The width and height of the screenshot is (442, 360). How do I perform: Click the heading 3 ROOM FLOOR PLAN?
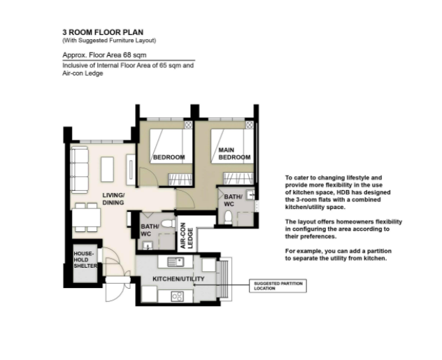[103, 32]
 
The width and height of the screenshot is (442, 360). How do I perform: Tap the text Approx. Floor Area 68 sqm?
[104, 55]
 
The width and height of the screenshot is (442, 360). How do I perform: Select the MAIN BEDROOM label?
[234, 154]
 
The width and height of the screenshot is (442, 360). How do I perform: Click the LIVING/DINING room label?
[113, 199]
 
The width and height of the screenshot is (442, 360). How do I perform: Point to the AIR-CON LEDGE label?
[186, 236]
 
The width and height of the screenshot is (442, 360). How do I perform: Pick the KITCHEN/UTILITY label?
[178, 279]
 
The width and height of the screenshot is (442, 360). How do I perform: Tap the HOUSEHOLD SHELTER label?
[85, 260]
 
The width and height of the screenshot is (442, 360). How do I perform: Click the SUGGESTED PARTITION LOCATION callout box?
[278, 286]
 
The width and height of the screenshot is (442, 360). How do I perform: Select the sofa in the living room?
[79, 170]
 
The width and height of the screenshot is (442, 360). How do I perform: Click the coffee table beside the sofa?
[107, 169]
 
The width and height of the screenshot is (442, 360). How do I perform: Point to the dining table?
[86, 217]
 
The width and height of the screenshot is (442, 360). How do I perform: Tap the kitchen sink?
[176, 261]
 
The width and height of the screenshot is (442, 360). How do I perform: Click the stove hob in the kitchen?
[178, 296]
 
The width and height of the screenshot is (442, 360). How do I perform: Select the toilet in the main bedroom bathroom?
[228, 217]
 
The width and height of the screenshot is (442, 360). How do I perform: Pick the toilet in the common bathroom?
[169, 224]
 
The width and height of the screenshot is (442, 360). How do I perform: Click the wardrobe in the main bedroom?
[238, 178]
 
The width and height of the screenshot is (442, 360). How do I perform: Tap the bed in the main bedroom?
[232, 146]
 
